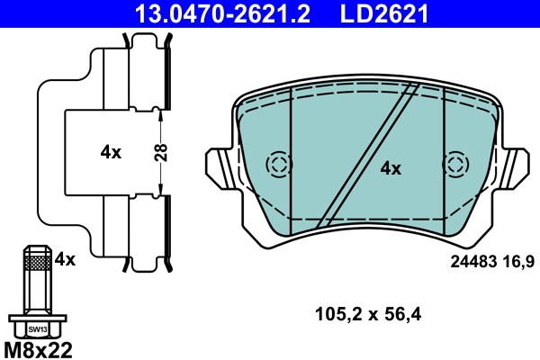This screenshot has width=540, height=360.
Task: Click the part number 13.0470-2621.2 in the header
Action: [222, 13]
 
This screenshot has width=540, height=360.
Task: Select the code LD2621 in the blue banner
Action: [384, 13]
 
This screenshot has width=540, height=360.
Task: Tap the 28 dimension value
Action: [161, 153]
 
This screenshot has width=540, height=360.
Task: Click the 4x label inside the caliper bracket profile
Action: [111, 152]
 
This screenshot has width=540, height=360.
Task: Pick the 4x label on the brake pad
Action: [391, 169]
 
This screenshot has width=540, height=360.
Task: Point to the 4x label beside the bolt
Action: [65, 259]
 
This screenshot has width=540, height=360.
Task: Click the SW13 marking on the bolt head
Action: [38, 329]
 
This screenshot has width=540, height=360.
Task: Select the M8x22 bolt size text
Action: [38, 350]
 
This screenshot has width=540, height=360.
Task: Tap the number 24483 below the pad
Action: [473, 262]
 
